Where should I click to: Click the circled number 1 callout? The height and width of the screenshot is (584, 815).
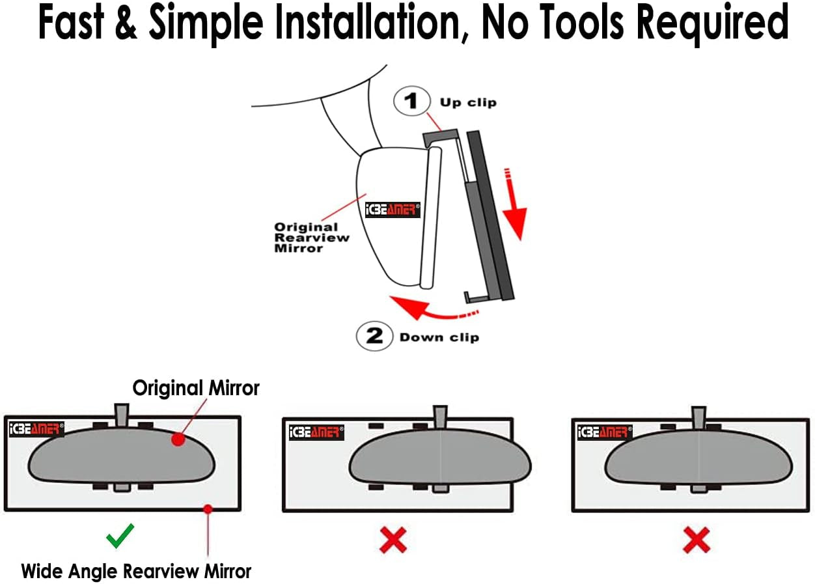pyautogui.click(x=411, y=102)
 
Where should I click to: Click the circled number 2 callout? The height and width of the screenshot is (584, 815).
pyautogui.click(x=374, y=336)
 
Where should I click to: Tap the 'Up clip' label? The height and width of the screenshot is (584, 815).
pyautogui.click(x=468, y=102)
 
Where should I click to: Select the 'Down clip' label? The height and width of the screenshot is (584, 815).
pyautogui.click(x=439, y=337)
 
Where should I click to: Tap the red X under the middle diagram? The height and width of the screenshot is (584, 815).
pyautogui.click(x=393, y=540)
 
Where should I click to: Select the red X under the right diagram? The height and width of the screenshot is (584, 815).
pyautogui.click(x=696, y=540)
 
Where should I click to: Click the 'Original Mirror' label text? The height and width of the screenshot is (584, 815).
pyautogui.click(x=196, y=388)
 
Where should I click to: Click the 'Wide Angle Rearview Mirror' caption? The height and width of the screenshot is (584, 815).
pyautogui.click(x=136, y=571)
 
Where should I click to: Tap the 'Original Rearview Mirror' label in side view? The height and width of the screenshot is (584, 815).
pyautogui.click(x=311, y=238)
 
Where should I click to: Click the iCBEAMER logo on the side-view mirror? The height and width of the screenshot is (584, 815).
pyautogui.click(x=393, y=210)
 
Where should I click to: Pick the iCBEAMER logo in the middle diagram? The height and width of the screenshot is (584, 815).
pyautogui.click(x=316, y=432)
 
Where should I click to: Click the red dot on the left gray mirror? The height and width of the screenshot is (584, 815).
pyautogui.click(x=176, y=440)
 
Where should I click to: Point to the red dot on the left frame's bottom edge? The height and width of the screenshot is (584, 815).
pyautogui.click(x=207, y=508)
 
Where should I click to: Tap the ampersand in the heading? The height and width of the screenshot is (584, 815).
pyautogui.click(x=128, y=23)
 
